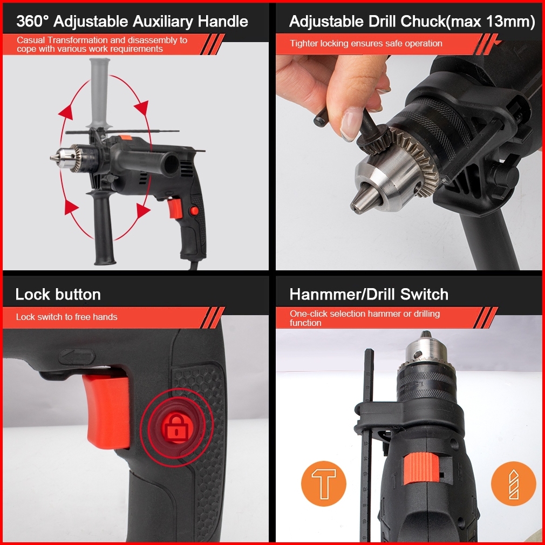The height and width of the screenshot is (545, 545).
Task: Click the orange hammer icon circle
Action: (x=324, y=483)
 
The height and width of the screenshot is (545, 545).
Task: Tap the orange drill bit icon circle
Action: (x=513, y=483)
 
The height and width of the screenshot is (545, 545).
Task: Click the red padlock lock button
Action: (x=176, y=428)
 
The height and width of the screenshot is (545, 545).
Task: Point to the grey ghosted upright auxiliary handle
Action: (x=100, y=93)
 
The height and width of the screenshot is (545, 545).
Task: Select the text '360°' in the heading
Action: (x=33, y=21)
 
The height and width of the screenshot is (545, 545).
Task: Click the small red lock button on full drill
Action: (x=194, y=210)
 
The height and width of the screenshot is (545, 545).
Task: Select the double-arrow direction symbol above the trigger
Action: (x=77, y=357)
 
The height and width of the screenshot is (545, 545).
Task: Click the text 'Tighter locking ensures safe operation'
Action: (x=366, y=44)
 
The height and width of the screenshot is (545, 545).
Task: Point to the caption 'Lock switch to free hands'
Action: (x=66, y=317)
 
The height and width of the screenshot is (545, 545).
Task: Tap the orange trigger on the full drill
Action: (x=175, y=208)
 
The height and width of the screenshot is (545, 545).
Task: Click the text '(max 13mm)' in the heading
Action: (x=491, y=22)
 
